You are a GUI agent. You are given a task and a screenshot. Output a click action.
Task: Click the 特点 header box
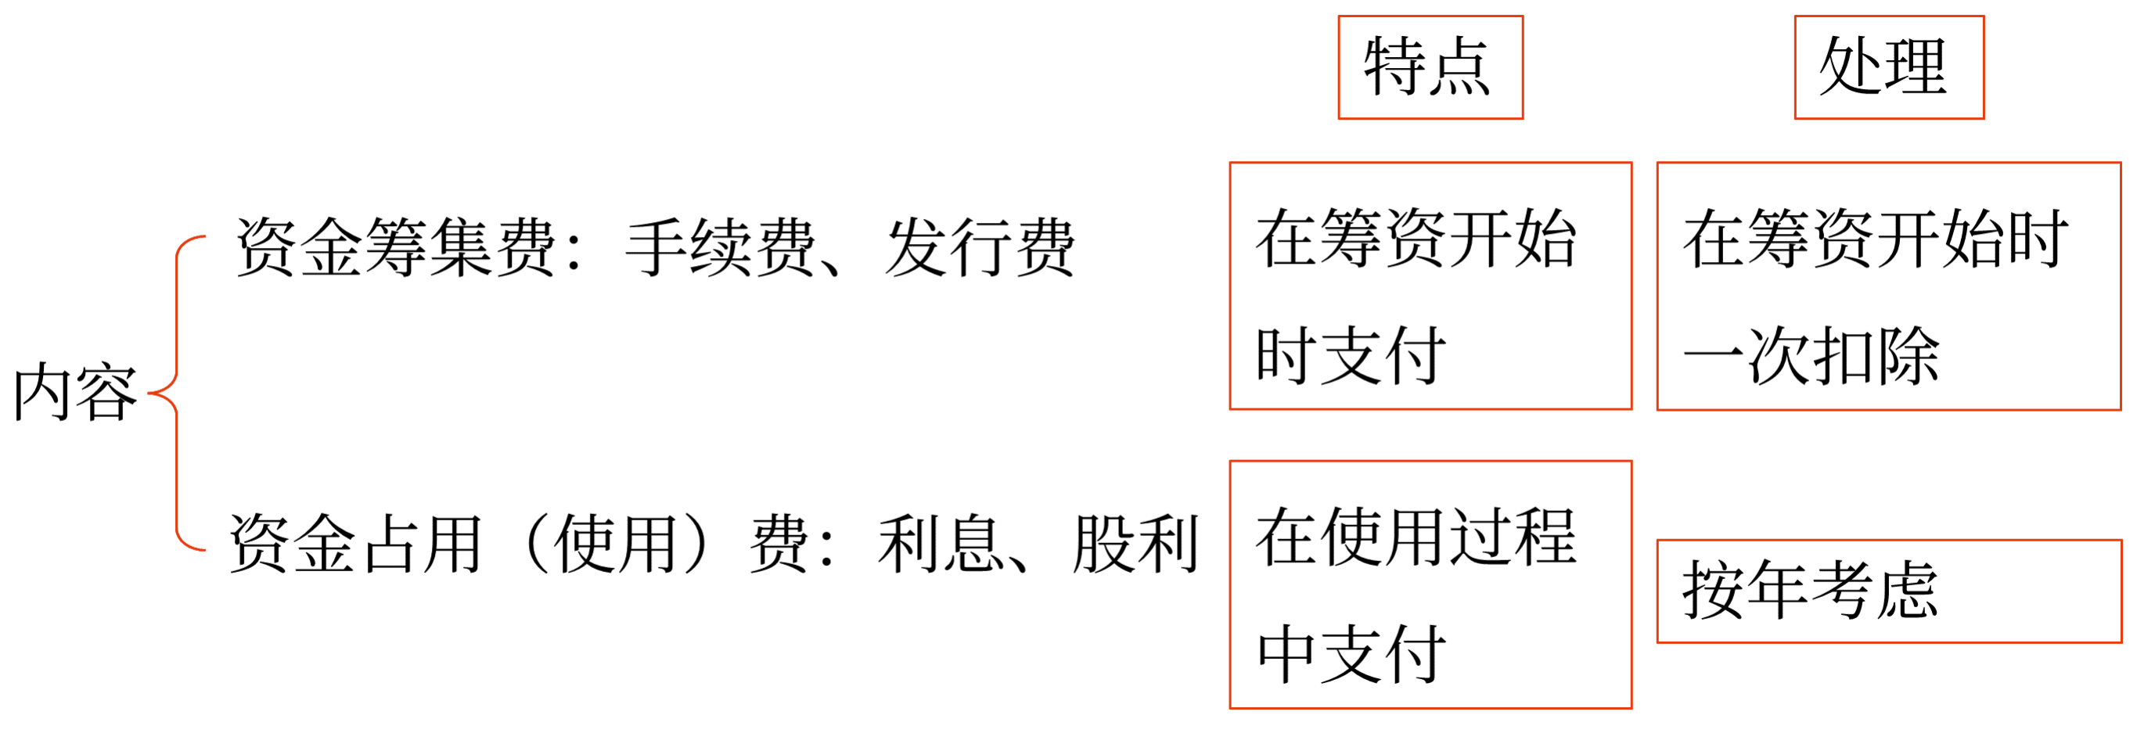(x=1430, y=67)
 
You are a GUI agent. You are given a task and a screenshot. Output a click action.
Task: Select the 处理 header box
(x=1889, y=67)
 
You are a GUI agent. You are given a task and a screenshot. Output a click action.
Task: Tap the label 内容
(x=74, y=392)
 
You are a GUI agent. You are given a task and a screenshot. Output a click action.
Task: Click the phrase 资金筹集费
(x=395, y=246)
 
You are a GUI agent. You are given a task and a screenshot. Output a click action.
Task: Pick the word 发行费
(x=980, y=246)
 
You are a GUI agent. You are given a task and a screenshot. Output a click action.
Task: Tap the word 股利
(x=1135, y=544)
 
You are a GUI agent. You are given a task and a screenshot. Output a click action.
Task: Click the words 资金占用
(x=355, y=544)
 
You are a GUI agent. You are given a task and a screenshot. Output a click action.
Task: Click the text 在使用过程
(x=1416, y=537)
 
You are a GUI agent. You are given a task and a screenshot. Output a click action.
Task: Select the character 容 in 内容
(x=106, y=392)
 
